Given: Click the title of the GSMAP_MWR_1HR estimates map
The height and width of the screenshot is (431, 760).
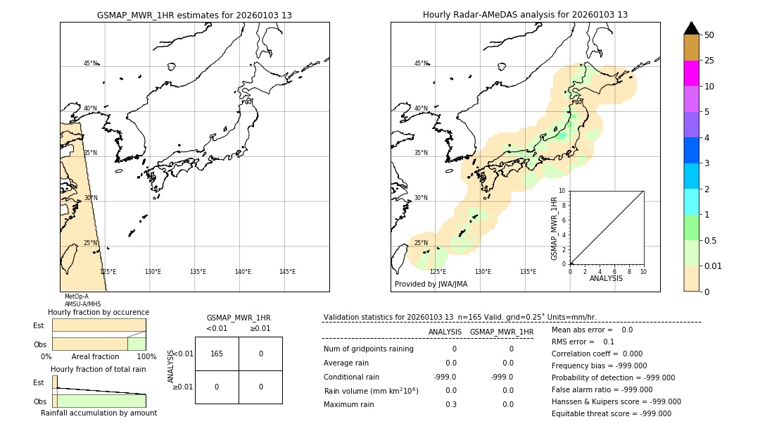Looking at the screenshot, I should (194, 15).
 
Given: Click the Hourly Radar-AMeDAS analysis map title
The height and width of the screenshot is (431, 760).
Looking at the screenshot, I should (525, 15).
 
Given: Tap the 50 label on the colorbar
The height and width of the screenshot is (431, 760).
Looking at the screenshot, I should (709, 35).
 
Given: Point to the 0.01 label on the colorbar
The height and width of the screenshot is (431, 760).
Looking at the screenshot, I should (714, 266).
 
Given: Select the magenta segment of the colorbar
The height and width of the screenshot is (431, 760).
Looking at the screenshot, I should (691, 73).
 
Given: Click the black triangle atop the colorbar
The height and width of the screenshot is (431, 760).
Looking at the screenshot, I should (691, 28).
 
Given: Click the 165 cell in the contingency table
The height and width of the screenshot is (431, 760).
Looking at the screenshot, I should (217, 354).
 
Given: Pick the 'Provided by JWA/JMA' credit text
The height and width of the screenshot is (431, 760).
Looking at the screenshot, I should (431, 285).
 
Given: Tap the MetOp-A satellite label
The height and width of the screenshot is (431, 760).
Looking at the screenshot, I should (76, 297).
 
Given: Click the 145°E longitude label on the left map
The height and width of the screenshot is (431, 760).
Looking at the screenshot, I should (287, 272).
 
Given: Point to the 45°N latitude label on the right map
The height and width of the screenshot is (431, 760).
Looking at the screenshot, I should (421, 63).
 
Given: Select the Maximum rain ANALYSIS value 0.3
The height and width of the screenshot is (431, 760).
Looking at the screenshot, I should (450, 404).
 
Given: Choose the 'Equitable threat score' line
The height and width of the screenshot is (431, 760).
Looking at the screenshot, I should (611, 413).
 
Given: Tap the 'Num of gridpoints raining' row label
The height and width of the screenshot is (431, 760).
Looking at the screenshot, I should (368, 349).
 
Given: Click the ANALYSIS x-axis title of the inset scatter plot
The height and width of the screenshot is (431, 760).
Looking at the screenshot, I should (606, 279).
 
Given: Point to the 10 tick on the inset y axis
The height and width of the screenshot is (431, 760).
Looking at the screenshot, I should (562, 191).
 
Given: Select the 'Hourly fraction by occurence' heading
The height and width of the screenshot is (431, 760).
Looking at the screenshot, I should (99, 312).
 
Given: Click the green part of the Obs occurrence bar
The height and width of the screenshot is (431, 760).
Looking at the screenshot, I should (137, 344).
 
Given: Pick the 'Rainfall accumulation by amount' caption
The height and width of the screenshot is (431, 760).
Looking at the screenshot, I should (99, 413).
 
